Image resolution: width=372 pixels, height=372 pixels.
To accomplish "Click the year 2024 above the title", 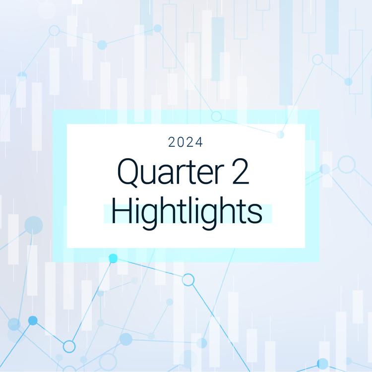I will click(186, 143).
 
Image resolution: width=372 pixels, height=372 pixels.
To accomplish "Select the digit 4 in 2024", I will click(199, 143).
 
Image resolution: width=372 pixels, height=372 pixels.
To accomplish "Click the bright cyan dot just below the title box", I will click(113, 258).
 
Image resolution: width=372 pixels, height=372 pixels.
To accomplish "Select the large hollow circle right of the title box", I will click(347, 164).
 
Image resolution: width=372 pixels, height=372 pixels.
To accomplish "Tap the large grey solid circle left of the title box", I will click(34, 225).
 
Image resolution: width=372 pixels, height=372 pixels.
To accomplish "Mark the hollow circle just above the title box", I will click(216, 116).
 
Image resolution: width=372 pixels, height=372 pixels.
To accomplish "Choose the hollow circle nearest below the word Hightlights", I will click(188, 280).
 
